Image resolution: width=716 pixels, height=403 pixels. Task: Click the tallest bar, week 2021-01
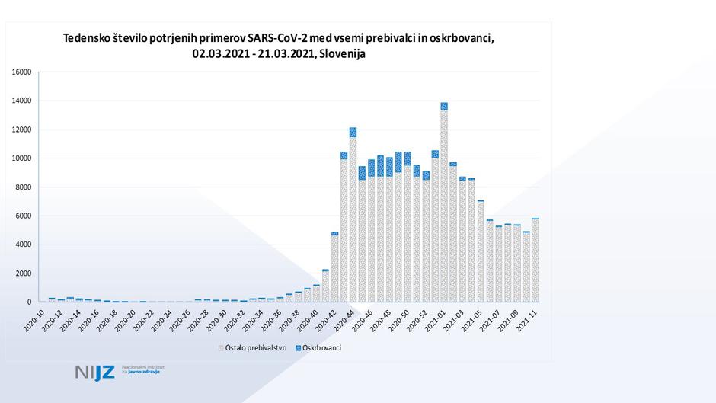(x=443, y=206)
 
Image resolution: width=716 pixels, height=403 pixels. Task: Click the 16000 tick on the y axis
(x=21, y=72)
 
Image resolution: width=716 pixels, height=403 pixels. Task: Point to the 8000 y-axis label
(x=23, y=187)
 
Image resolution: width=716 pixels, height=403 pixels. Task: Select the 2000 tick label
(x=23, y=273)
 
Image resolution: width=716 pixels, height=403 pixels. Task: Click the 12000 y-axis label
(x=21, y=130)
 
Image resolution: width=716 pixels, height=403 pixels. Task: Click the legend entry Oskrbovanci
(x=320, y=347)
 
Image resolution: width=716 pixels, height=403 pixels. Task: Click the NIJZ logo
(x=95, y=372)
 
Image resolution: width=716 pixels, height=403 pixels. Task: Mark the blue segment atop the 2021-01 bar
(x=443, y=106)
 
